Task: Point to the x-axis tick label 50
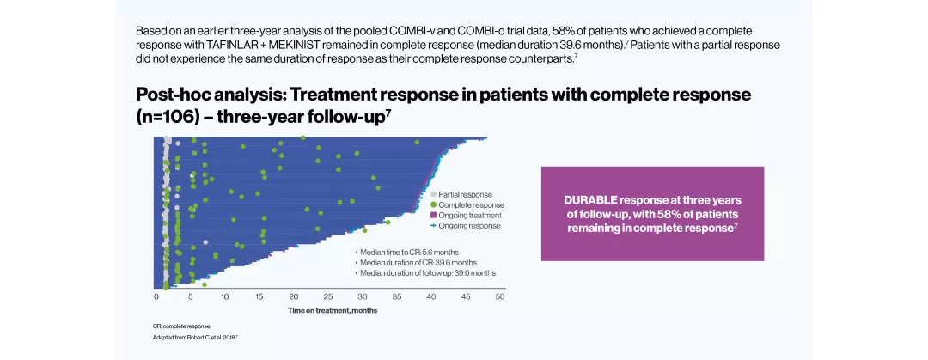coord(500,296)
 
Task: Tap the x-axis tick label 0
coord(156,296)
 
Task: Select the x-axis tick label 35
coord(397,296)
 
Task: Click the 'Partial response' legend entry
coord(465,195)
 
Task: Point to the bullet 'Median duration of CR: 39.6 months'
coord(418,262)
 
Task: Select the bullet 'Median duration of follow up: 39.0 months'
coord(428,272)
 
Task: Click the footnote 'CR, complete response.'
coord(181,326)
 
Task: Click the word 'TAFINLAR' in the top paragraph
coord(211,45)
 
